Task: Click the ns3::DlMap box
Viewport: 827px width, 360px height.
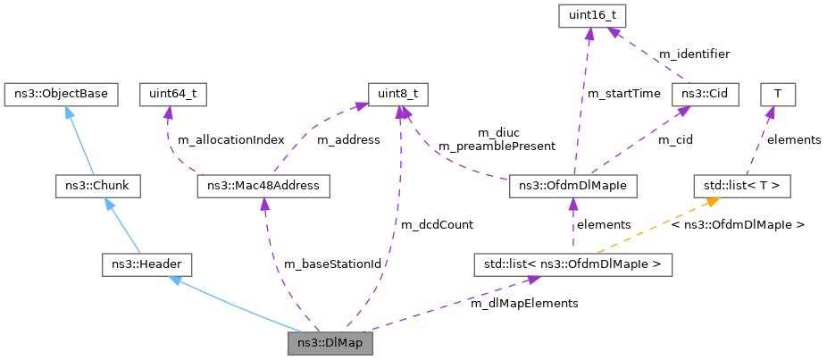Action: pos(330,344)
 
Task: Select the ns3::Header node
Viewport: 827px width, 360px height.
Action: pos(146,264)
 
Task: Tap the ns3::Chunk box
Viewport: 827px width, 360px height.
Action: pos(98,187)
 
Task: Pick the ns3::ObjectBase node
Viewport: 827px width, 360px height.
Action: pos(61,95)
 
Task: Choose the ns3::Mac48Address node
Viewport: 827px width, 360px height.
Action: pos(263,187)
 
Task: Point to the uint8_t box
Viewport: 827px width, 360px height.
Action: pos(397,95)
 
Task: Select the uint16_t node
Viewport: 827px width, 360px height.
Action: pos(592,18)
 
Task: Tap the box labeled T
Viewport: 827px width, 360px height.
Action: pos(778,95)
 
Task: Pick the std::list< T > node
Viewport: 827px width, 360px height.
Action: pos(742,187)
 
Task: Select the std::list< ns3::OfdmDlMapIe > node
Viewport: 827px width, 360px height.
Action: pos(572,264)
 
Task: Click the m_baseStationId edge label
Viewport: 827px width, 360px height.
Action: pos(332,264)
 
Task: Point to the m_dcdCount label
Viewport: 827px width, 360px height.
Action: pos(438,225)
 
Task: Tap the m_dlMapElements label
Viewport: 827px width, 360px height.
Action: pos(524,304)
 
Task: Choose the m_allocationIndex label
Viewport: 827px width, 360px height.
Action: pos(231,140)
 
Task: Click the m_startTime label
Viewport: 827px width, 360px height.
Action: pos(624,94)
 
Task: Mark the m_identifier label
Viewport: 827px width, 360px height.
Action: pos(694,54)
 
